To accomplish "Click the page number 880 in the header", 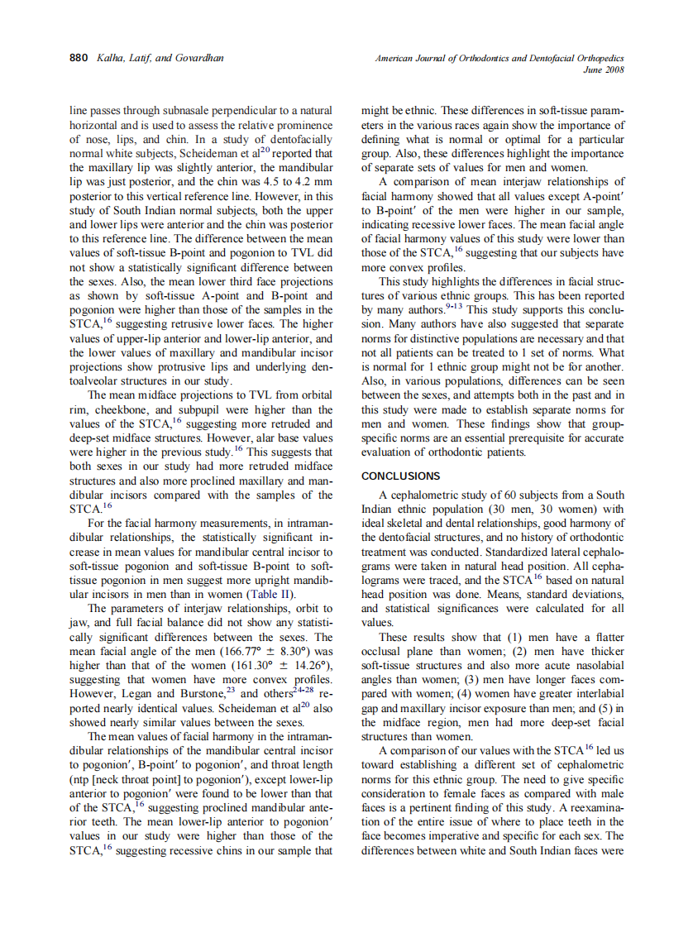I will pos(78,58).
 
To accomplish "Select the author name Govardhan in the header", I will pos(199,58).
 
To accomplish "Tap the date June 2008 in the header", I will pos(604,69).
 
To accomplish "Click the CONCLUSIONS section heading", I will pos(401,476).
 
